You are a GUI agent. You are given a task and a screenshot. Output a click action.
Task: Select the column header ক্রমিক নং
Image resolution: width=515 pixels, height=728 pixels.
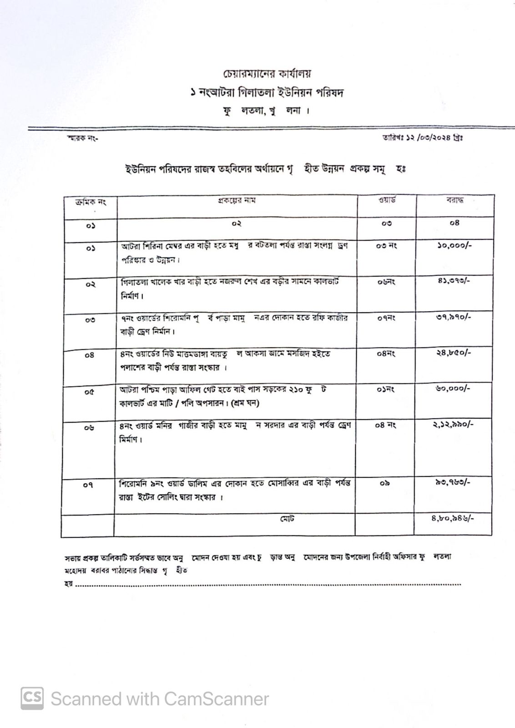click(90, 202)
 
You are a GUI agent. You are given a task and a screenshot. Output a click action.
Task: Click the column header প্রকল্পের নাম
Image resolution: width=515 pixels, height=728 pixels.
click(236, 200)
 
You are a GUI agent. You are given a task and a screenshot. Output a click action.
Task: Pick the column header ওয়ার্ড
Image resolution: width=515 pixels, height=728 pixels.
click(387, 200)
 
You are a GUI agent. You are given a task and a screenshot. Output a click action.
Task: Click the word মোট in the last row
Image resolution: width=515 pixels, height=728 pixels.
click(287, 518)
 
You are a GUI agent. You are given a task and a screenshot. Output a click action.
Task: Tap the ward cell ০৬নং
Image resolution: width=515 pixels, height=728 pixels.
click(386, 282)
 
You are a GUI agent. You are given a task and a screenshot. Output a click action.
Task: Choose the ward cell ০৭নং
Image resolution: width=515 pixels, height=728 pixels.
click(386, 318)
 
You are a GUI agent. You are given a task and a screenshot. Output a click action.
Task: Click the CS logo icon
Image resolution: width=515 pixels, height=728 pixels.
click(32, 698)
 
